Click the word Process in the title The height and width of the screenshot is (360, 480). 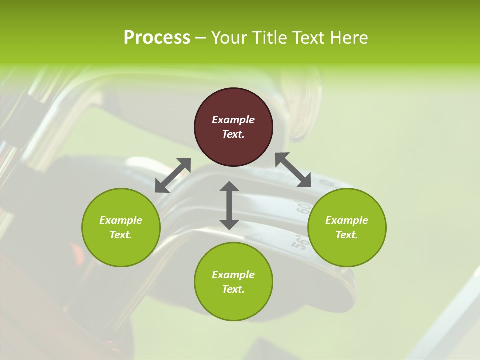157,38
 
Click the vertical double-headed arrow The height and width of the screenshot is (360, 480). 229,205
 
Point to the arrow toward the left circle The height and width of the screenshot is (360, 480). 173,175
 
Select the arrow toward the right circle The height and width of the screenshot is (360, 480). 293,170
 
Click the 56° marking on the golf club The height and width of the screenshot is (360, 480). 298,241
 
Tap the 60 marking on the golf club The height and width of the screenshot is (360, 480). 303,208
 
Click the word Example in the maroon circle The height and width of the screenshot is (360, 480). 233,120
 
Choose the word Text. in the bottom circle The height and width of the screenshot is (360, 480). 233,289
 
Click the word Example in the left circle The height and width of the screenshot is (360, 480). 121,220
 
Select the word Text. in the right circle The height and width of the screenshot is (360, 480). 347,235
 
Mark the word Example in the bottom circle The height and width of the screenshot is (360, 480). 233,275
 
